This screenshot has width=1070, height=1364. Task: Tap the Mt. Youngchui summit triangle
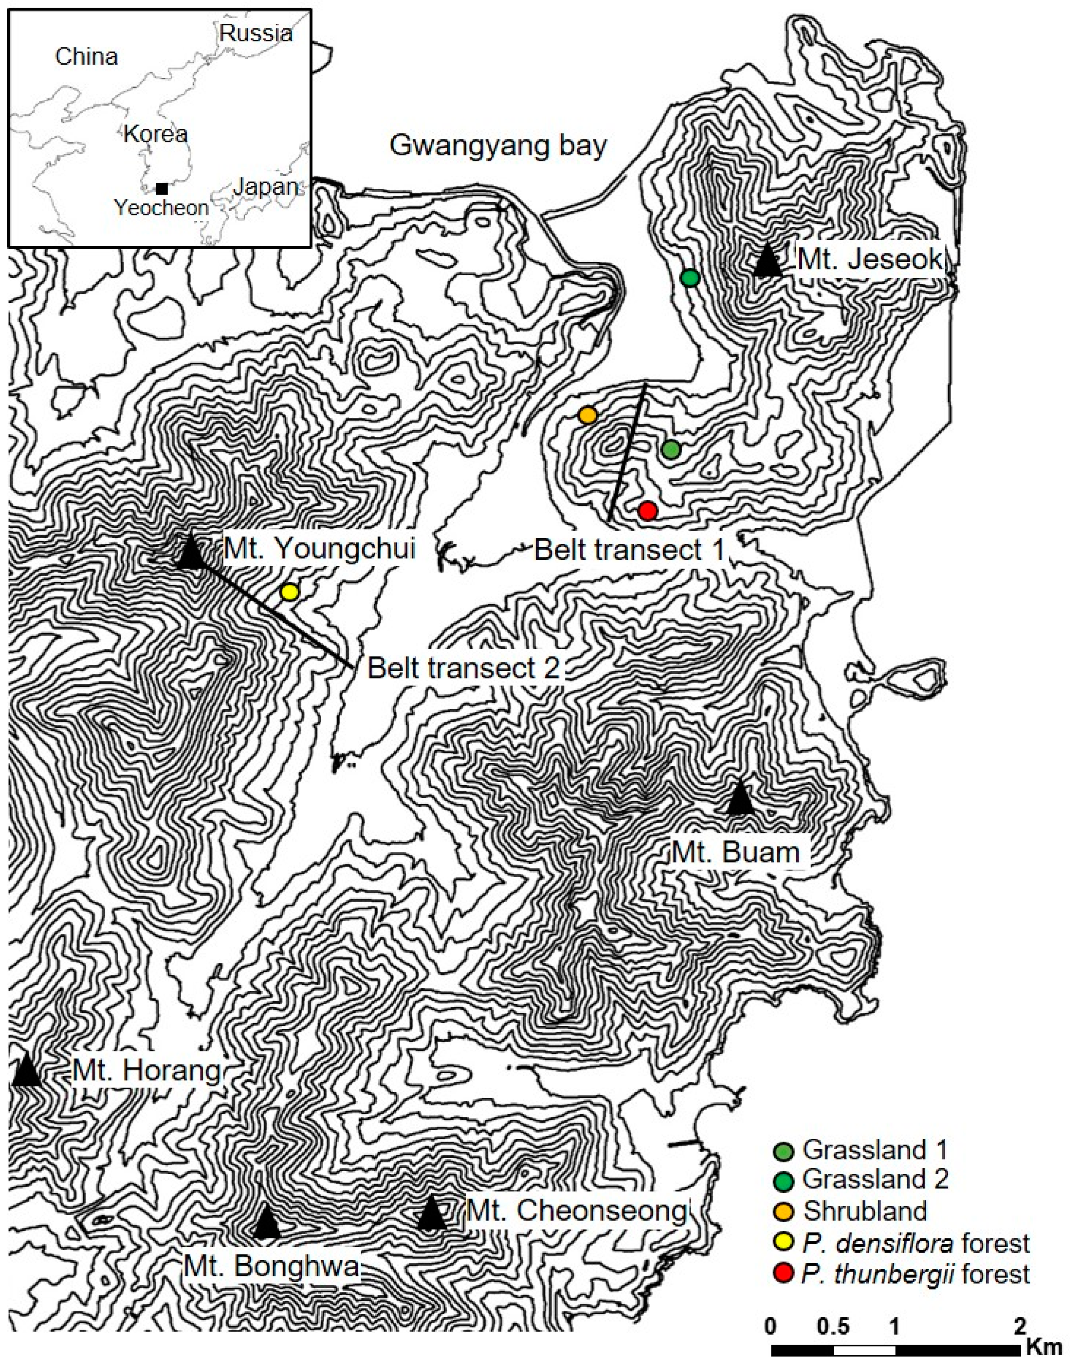tap(191, 552)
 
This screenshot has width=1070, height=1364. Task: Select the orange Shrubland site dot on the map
tap(587, 415)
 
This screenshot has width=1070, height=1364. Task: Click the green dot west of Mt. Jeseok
tap(690, 278)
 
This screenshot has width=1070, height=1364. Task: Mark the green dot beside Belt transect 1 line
tap(670, 449)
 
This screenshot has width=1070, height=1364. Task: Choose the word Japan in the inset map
tap(266, 187)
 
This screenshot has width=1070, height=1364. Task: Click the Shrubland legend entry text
tap(864, 1211)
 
